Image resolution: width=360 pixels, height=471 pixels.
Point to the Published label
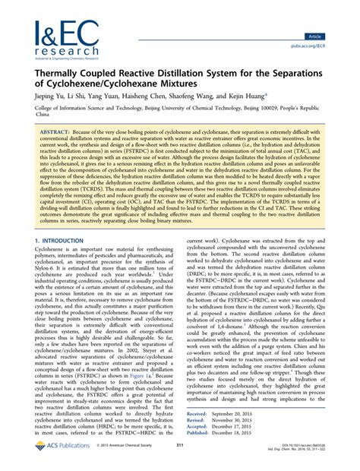tap(199, 435)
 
